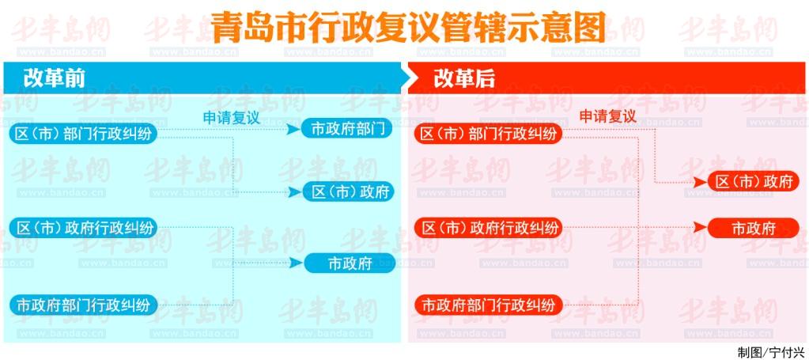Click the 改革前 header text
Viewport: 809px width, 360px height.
tap(55, 78)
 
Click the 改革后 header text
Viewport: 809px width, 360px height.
tap(464, 78)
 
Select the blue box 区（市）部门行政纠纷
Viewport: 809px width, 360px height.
tap(83, 134)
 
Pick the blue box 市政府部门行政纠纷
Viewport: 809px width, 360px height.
tap(83, 305)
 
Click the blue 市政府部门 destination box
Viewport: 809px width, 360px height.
tap(347, 129)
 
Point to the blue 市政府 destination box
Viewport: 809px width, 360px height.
tap(350, 263)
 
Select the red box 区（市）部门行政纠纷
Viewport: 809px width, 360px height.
tap(488, 134)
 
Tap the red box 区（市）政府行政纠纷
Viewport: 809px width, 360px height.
tap(489, 228)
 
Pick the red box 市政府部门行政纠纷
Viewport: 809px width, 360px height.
tap(488, 305)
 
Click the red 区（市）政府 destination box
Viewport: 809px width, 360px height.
tap(754, 181)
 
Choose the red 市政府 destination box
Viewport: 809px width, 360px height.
tap(754, 228)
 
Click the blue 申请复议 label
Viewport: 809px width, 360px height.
tap(231, 118)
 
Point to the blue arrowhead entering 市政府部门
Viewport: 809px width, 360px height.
tap(294, 129)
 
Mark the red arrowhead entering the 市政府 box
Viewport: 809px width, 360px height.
tap(700, 228)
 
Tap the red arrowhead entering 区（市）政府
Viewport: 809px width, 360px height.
tap(700, 182)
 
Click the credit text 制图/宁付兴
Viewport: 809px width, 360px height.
tap(771, 352)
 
